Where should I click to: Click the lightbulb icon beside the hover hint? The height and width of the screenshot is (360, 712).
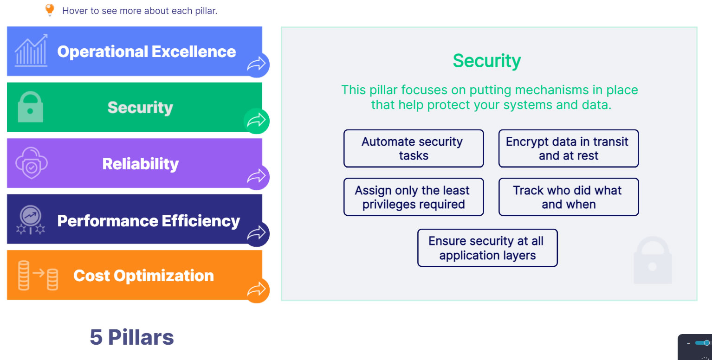coord(50,10)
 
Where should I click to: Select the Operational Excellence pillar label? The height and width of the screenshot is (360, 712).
coord(146,51)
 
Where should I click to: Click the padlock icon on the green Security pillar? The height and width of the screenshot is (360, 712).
coord(30,107)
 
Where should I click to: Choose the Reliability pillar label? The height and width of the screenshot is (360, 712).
coord(140,164)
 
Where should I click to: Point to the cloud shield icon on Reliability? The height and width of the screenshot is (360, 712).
coord(31,164)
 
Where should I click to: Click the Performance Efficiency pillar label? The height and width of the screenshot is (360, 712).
coord(149,221)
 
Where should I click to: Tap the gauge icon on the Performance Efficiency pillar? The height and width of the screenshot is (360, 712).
coord(31,219)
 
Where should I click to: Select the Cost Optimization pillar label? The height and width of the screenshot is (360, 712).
coord(143,276)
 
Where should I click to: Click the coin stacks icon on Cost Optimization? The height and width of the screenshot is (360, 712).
coord(38,276)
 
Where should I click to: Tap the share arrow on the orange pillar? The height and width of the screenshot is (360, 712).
coord(256,290)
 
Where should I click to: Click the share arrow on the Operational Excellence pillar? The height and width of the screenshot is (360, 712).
coord(256,65)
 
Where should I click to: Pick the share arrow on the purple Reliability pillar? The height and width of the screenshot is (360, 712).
coord(256,177)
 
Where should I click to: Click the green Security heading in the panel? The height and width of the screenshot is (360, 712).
coord(487,61)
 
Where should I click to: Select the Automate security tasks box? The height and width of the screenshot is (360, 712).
coord(413,148)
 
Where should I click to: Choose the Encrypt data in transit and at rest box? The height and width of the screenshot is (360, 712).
coord(568,148)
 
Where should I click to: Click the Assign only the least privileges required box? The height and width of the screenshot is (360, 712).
coord(413,197)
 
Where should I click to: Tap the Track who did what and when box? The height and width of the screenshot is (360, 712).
coord(568,197)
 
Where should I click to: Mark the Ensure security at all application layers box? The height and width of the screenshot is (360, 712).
coord(487,248)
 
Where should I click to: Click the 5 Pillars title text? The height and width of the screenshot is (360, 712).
coord(132,337)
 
